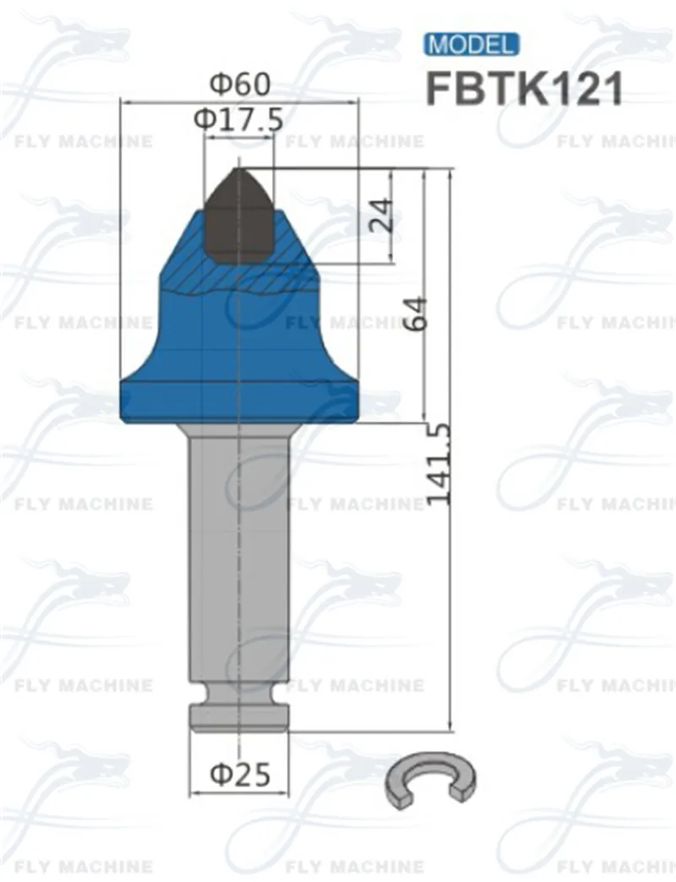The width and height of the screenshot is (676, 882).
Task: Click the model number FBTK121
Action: (525, 87)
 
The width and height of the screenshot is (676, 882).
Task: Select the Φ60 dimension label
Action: (240, 84)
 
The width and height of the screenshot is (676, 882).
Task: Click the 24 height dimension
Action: (379, 216)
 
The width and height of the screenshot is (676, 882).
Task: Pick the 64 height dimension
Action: (417, 314)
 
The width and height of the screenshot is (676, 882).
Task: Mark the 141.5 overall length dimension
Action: (439, 465)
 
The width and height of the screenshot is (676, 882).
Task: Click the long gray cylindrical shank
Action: (239, 558)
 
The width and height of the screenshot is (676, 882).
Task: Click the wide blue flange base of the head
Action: (239, 400)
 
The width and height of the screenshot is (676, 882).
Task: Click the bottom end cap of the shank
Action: (239, 719)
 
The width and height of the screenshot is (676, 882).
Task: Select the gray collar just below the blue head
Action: (239, 430)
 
